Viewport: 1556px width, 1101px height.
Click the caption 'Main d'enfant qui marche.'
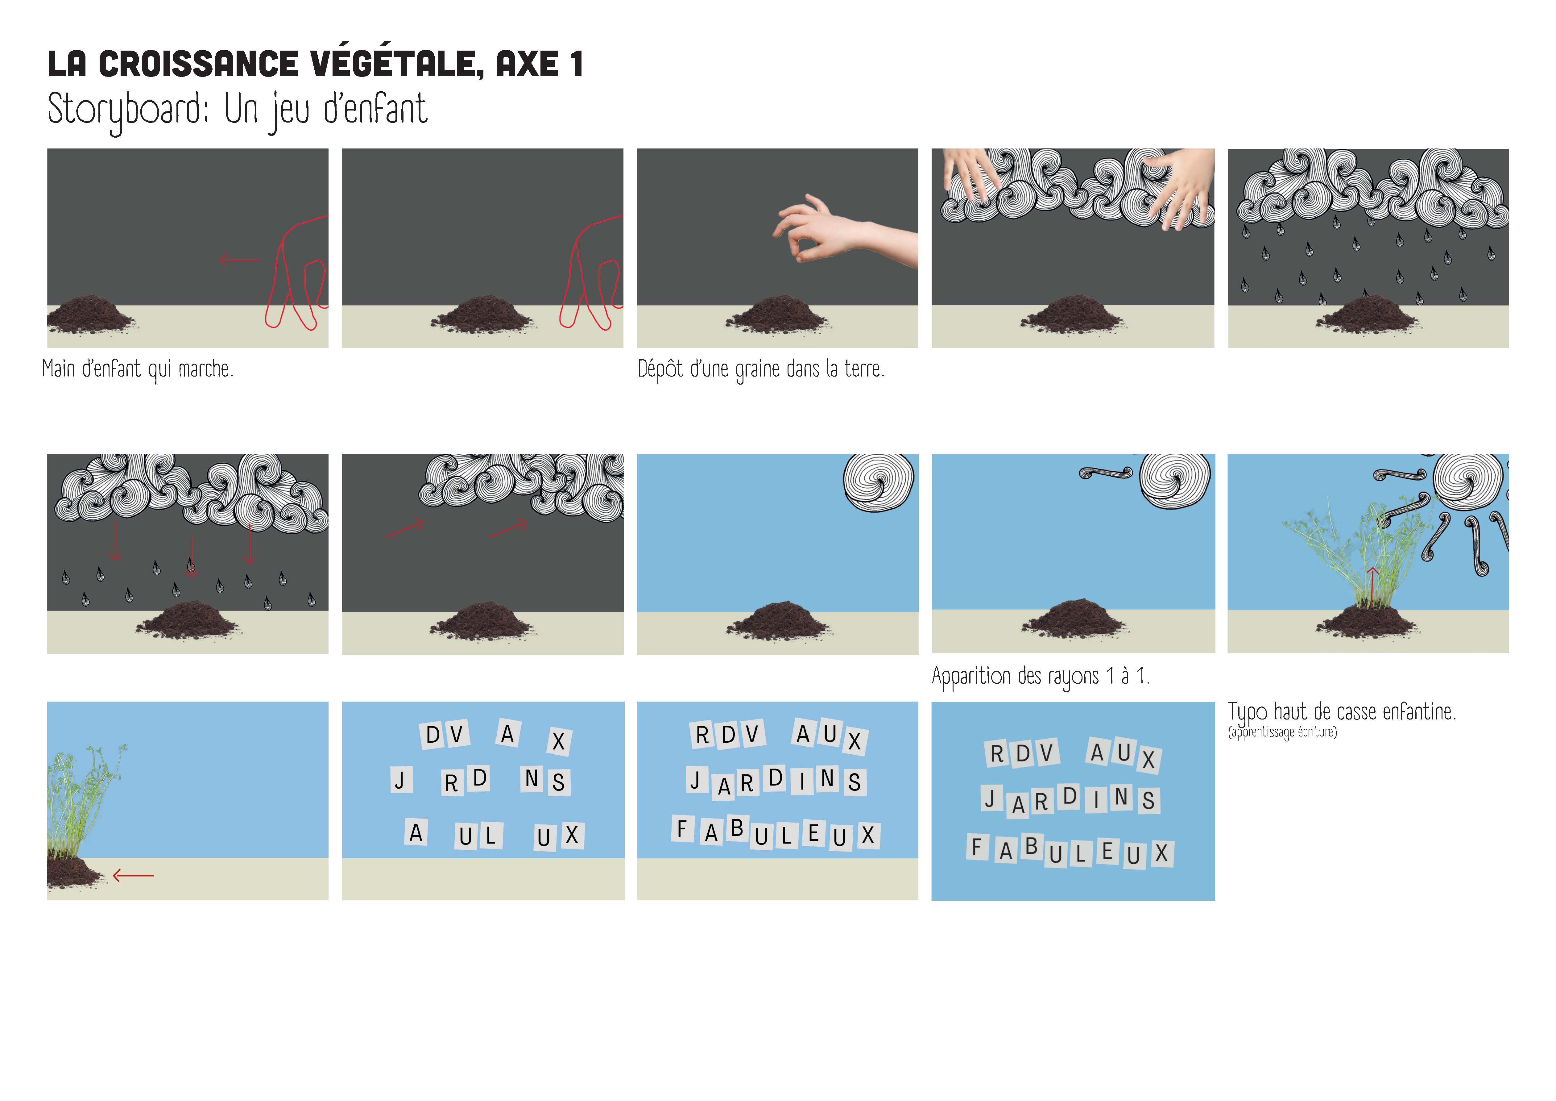pos(138,369)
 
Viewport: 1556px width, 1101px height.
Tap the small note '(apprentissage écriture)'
pos(1282,732)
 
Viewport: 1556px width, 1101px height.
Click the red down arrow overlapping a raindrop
pos(191,557)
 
